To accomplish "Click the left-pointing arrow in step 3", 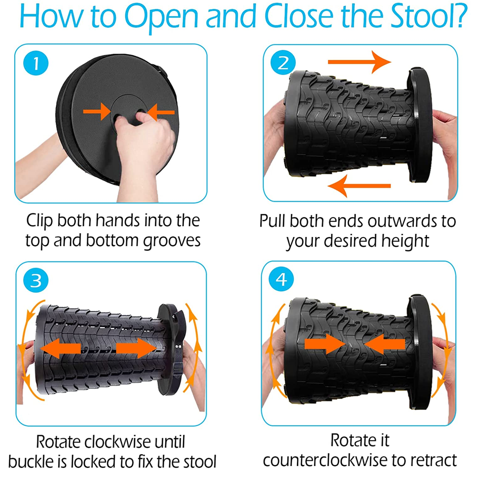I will tap(59, 347).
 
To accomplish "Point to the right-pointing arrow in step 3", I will tap(136, 347).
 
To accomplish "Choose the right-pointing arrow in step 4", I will tap(325, 344).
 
